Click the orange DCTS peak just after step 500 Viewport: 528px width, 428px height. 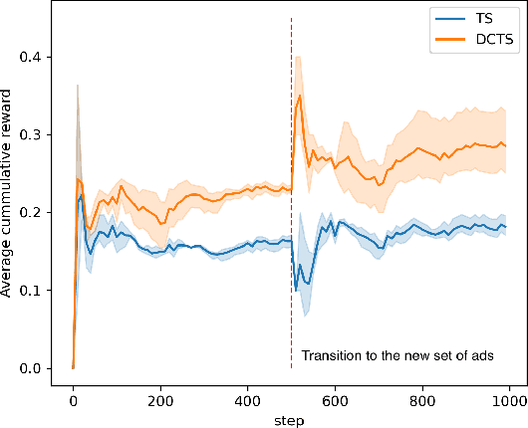click(x=300, y=96)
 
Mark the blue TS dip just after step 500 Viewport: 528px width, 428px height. click(x=308, y=296)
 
